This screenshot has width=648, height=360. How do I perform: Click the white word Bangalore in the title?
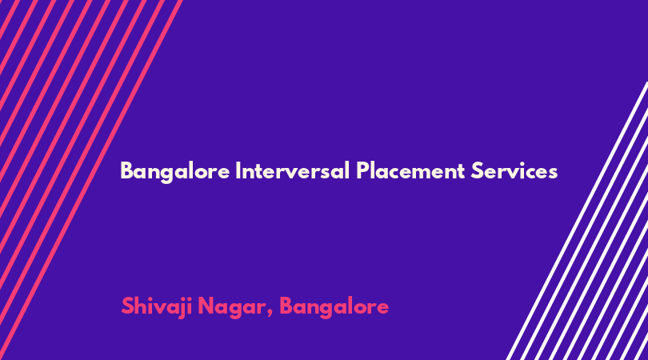[x=175, y=171]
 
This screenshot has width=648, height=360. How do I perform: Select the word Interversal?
[x=293, y=170]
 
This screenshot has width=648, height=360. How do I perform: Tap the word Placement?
[x=410, y=170]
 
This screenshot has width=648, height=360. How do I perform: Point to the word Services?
[x=514, y=170]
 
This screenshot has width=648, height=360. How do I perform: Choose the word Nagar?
[x=231, y=308]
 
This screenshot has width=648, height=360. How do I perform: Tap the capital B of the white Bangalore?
[x=126, y=170]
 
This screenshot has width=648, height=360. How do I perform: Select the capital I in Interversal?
[x=238, y=170]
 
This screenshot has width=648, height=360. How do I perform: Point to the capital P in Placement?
[x=362, y=170]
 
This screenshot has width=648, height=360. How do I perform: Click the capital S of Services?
[x=477, y=170]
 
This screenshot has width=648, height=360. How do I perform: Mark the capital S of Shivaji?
[x=127, y=306]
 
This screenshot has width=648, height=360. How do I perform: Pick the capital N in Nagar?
[x=206, y=306]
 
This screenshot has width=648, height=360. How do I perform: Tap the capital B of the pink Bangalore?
[x=286, y=306]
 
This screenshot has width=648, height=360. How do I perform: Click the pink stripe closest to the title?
[x=91, y=180]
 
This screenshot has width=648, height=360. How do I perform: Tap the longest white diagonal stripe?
[x=578, y=221]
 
